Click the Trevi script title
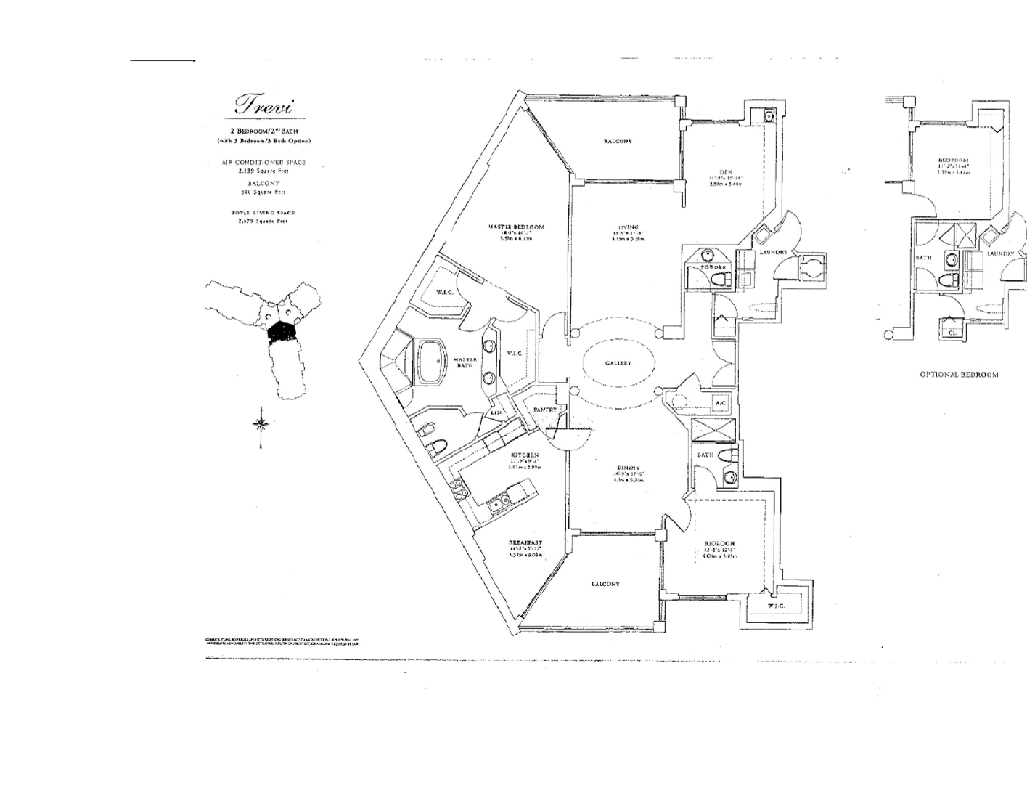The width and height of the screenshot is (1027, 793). point(263,105)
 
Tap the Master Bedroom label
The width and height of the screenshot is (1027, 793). point(515,227)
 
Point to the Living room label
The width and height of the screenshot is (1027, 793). point(629,227)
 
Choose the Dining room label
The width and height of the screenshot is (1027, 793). point(628,468)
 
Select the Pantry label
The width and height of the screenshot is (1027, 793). point(544,410)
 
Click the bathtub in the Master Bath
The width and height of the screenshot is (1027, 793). point(432,361)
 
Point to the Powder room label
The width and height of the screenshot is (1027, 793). point(712,267)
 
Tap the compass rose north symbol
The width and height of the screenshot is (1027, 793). point(262,424)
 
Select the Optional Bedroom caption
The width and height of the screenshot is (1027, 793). point(958,375)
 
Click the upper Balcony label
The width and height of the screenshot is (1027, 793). point(618,141)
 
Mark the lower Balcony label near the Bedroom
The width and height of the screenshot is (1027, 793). point(605,584)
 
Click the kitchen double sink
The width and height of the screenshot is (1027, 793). point(497,502)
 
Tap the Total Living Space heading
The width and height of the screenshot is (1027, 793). point(263,213)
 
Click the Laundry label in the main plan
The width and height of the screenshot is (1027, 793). point(773,252)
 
